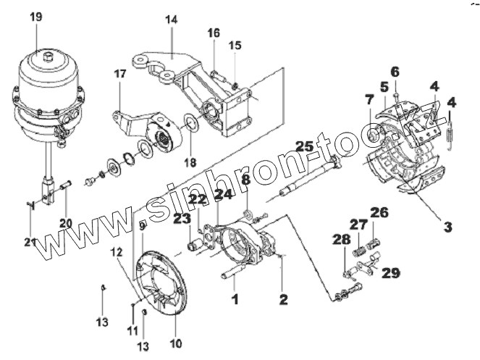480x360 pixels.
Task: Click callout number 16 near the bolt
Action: pyautogui.click(x=214, y=33)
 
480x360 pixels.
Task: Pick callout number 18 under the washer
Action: pyautogui.click(x=190, y=162)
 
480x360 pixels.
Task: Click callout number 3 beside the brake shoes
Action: pyautogui.click(x=447, y=227)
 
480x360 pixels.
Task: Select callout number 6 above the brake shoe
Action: pyautogui.click(x=395, y=71)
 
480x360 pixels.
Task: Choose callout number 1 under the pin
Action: pyautogui.click(x=234, y=298)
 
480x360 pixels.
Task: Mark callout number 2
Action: pyautogui.click(x=283, y=298)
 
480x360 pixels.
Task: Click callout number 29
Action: pyautogui.click(x=392, y=273)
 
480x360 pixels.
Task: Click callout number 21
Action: pyautogui.click(x=29, y=241)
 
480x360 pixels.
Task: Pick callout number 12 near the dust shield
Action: pyautogui.click(x=117, y=251)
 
